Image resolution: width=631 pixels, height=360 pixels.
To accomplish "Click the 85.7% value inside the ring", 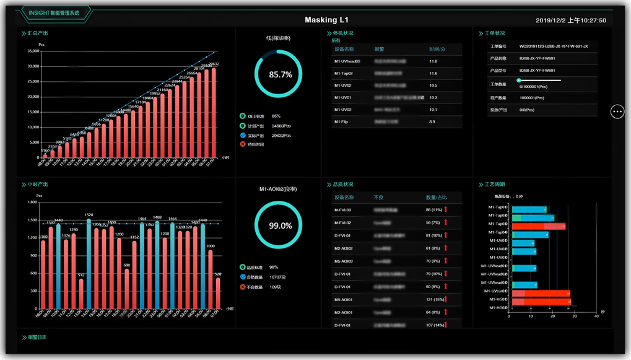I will point(280,74).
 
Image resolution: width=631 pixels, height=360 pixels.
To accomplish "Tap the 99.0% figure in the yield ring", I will point(280,226).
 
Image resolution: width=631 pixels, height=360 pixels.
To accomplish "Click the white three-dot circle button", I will point(617,111).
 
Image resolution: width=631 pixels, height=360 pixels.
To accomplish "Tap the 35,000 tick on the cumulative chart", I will point(30,51).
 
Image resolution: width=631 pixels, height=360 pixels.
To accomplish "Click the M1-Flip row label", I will point(342,121).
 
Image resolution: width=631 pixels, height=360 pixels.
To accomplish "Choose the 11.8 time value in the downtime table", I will point(433,61).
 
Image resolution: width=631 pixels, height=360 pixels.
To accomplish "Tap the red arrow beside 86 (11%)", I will point(445,210).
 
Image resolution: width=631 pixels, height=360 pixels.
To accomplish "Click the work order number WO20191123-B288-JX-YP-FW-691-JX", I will point(553,46).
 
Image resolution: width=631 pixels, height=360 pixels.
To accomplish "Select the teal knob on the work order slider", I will point(519,81).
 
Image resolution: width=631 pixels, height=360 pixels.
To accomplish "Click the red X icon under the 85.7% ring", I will point(242,144).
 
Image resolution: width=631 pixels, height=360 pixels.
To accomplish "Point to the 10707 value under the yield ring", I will point(277,277).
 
